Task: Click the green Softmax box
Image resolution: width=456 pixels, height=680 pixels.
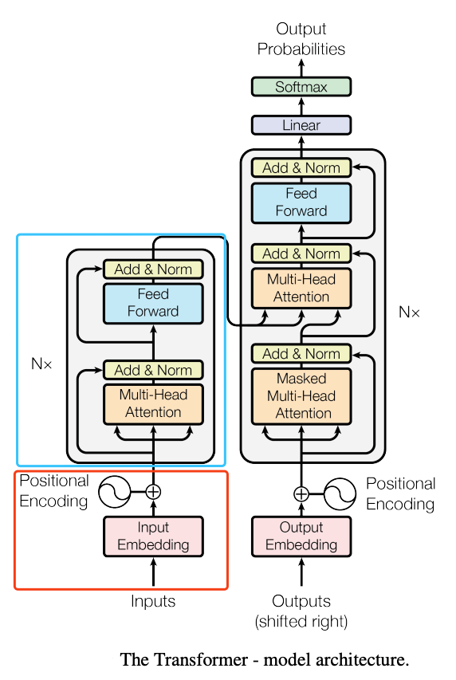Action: click(x=301, y=87)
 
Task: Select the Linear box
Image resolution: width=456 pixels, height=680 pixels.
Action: click(x=301, y=125)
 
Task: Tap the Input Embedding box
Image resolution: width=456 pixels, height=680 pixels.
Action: click(x=153, y=536)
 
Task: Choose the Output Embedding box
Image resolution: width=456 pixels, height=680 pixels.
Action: click(x=301, y=536)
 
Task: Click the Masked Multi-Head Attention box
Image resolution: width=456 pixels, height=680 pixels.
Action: click(x=301, y=396)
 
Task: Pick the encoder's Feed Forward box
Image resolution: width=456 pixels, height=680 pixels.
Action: click(x=153, y=303)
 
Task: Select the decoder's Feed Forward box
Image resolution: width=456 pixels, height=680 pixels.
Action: click(x=301, y=203)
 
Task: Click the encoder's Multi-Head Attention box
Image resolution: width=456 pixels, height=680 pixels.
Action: click(x=153, y=403)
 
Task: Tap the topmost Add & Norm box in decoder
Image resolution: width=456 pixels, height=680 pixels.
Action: click(x=301, y=168)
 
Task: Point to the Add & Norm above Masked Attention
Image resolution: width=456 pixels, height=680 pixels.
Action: click(x=301, y=354)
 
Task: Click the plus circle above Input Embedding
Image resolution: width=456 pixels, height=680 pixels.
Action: click(x=153, y=492)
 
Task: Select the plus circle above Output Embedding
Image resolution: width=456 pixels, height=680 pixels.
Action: click(x=301, y=494)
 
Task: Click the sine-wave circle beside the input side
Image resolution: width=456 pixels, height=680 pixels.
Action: click(x=115, y=492)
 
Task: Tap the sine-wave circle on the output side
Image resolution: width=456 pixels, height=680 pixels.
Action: click(x=340, y=494)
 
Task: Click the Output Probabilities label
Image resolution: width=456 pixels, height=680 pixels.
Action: click(x=301, y=39)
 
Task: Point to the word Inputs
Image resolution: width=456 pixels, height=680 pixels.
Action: click(x=153, y=602)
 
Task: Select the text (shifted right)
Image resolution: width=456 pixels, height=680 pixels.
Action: click(x=301, y=622)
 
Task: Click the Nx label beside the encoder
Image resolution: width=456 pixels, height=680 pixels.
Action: click(x=41, y=364)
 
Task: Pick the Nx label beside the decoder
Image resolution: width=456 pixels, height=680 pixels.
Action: click(x=409, y=312)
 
